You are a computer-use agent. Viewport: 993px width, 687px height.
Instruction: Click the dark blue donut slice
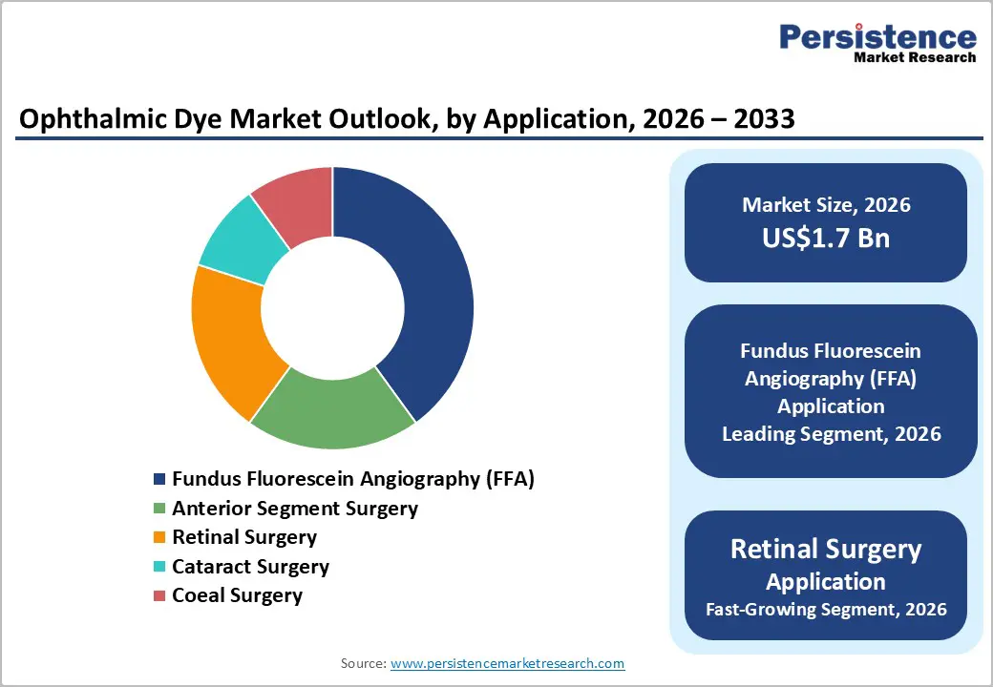tap(430, 286)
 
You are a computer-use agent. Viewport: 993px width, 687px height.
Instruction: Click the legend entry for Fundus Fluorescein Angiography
tap(352, 479)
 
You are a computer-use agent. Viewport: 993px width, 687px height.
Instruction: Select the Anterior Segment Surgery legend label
tap(294, 509)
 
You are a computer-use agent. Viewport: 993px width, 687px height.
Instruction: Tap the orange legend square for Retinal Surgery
tap(159, 538)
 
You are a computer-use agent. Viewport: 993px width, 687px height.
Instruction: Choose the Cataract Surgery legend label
tap(250, 567)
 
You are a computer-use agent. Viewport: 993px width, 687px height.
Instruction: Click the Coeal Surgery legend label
tap(237, 595)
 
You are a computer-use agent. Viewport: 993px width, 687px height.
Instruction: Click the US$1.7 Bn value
tap(826, 238)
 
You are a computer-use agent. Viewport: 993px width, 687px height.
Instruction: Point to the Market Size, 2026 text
tap(826, 205)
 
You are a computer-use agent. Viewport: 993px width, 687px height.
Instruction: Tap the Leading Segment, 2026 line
tap(831, 434)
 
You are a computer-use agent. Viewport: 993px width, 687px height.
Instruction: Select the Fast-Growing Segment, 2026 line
tap(826, 609)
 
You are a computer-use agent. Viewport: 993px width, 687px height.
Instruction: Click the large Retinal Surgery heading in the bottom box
tap(826, 550)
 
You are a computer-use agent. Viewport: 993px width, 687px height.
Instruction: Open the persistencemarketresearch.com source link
tap(507, 663)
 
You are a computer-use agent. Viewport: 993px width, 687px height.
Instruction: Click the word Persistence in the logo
tap(877, 37)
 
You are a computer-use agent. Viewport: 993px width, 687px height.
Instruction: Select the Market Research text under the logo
tap(915, 57)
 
